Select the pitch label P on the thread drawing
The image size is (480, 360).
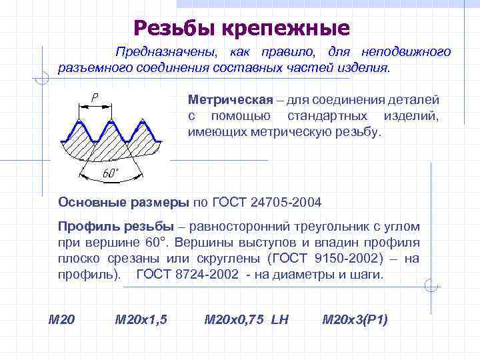click(95, 98)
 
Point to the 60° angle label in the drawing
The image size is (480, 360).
click(111, 174)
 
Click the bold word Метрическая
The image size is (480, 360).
click(231, 100)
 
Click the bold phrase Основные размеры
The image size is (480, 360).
click(124, 202)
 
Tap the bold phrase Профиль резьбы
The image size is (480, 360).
click(116, 226)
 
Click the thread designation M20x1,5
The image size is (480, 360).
click(141, 319)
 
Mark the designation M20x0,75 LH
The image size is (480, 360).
click(246, 319)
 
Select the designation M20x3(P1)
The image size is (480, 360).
click(355, 319)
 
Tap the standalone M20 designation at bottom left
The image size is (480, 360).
click(62, 319)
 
